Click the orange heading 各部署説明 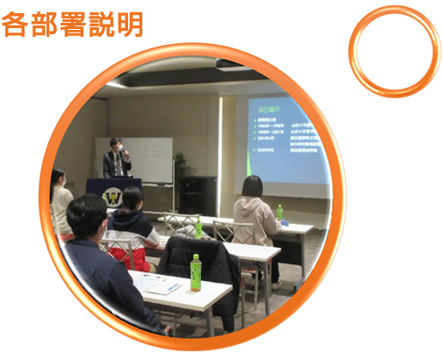tap(70, 24)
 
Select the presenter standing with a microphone tap(117, 159)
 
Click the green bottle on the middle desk tap(198, 228)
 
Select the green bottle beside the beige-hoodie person tap(280, 212)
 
